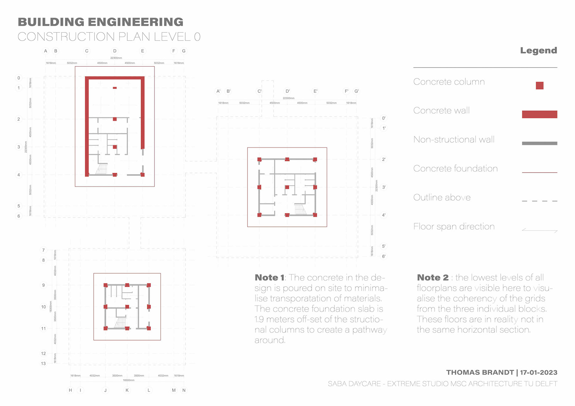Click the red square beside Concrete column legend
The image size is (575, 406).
click(539, 86)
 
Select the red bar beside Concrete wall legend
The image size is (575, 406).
click(539, 114)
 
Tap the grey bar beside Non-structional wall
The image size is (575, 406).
click(539, 143)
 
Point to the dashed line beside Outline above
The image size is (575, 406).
click(539, 201)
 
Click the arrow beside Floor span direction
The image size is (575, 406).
click(539, 230)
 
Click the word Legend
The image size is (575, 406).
click(538, 50)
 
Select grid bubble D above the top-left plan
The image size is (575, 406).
click(115, 51)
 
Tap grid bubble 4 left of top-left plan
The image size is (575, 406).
click(19, 175)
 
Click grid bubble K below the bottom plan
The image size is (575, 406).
click(127, 390)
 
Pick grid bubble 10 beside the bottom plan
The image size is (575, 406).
click(43, 307)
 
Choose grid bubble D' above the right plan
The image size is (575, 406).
click(287, 91)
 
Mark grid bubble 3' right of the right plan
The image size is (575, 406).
click(384, 187)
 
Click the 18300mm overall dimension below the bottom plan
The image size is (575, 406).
click(128, 380)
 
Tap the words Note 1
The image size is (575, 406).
click(269, 278)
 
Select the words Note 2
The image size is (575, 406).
click(432, 278)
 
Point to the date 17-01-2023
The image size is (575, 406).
click(538, 372)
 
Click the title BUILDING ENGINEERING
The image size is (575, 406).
click(101, 22)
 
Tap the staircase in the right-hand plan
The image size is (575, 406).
click(300, 209)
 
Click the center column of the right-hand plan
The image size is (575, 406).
click(287, 187)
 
